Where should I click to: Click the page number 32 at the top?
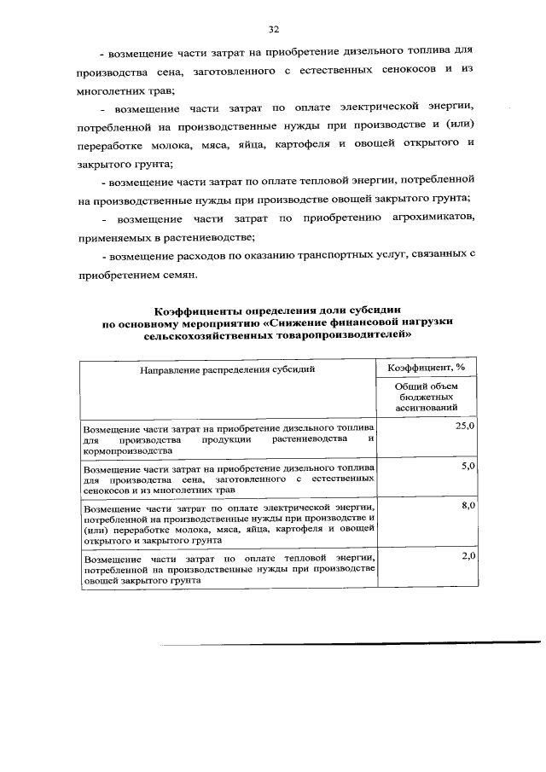click(x=274, y=29)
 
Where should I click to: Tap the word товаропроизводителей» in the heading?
click(x=341, y=336)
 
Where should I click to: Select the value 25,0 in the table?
click(x=465, y=426)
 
